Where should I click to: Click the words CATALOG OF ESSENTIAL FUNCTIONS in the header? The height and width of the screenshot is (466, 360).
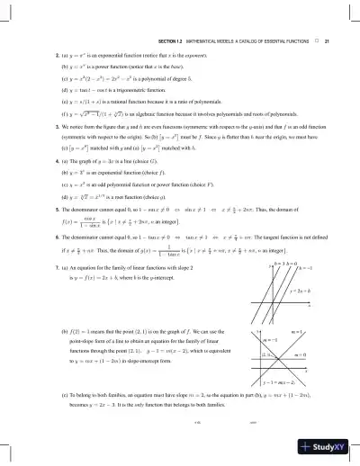coord(269,41)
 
